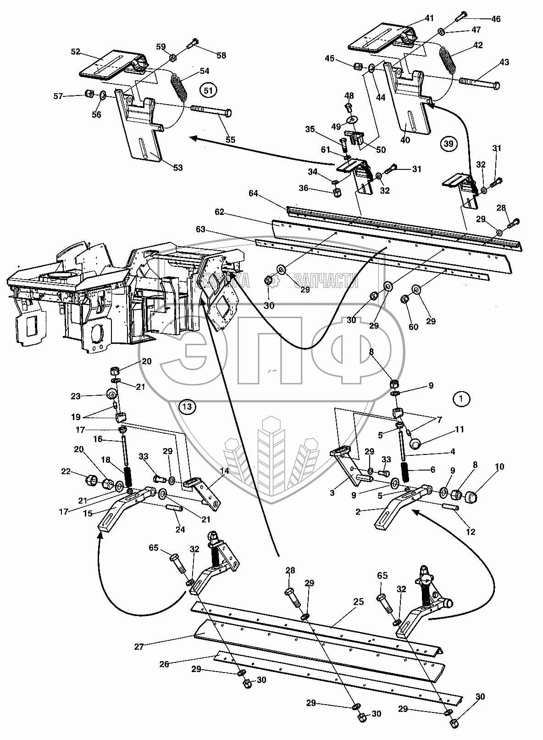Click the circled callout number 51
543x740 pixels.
point(208,91)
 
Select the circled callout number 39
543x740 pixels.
point(449,144)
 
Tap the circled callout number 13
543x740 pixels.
point(187,406)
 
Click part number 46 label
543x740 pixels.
point(496,19)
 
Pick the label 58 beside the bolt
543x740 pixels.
point(222,56)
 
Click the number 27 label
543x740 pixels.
point(139,646)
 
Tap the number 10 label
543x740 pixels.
point(499,467)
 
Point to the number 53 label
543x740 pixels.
point(177,168)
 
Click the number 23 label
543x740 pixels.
point(76,396)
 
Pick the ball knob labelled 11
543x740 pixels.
point(416,444)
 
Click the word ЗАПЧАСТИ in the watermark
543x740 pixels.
point(326,278)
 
